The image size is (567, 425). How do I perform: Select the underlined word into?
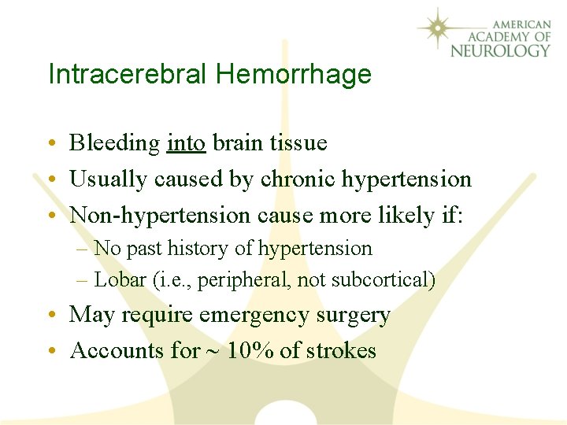point(187,142)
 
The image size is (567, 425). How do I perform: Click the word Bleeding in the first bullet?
point(115,142)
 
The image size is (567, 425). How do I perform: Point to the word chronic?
point(298,179)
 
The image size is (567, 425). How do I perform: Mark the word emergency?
point(250,315)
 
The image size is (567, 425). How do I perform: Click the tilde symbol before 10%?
point(214,351)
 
